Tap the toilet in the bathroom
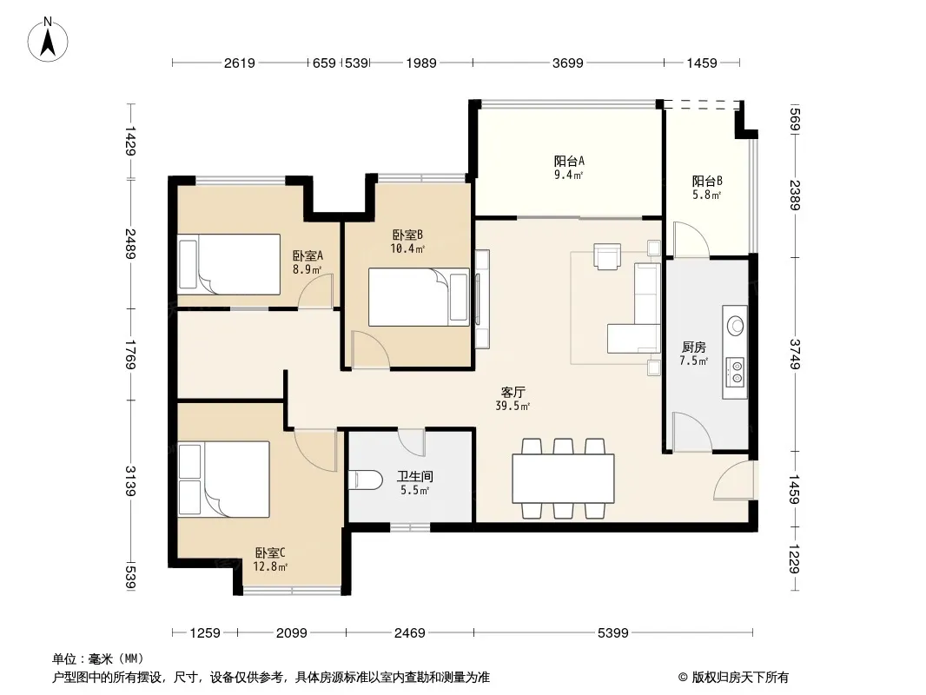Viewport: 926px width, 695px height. click(365, 480)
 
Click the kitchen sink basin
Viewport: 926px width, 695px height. click(735, 325)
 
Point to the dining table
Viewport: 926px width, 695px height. click(563, 478)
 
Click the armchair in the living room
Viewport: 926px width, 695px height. click(608, 256)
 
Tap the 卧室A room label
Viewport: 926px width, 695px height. click(308, 255)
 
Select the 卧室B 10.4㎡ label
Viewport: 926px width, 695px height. click(407, 242)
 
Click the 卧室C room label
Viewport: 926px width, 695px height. click(270, 553)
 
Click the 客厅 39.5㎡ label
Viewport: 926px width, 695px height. click(513, 399)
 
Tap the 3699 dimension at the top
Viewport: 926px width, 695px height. click(567, 63)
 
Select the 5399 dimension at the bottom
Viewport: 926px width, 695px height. click(613, 633)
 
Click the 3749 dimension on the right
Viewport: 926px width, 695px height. click(794, 354)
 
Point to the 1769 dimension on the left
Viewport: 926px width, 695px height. click(130, 354)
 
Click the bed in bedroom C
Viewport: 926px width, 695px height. click(224, 479)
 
